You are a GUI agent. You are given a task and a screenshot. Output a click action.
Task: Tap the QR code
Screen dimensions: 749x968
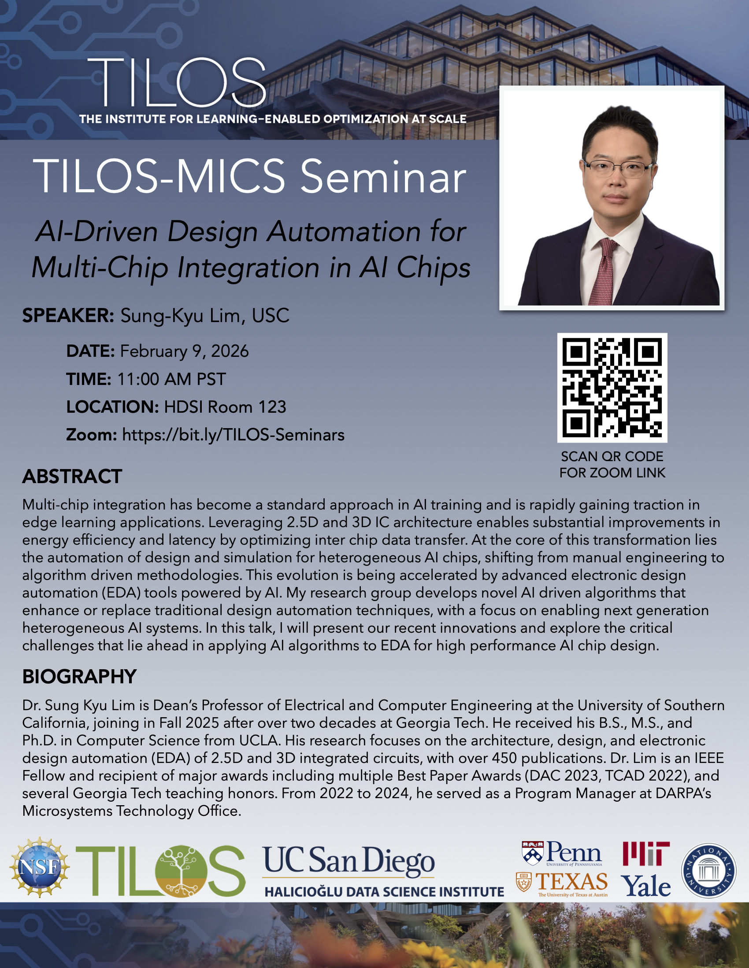[612, 387]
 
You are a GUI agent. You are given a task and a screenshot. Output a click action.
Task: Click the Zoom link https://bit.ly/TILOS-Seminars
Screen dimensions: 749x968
[233, 435]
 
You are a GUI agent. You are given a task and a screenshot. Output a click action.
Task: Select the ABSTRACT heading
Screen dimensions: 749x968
[72, 477]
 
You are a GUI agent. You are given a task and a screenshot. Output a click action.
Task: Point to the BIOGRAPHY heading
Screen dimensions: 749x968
[79, 677]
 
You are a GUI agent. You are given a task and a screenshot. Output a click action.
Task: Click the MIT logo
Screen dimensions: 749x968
[646, 853]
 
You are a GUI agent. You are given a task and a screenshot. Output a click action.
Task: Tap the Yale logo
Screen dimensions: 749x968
[645, 886]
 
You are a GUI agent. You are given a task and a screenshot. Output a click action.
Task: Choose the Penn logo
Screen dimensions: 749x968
[562, 853]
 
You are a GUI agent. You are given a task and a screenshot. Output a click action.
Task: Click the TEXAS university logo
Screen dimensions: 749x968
[562, 884]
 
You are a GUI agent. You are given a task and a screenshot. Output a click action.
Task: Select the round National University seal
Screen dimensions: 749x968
[708, 870]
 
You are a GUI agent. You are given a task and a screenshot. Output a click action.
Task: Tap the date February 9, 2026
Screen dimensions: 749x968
[184, 351]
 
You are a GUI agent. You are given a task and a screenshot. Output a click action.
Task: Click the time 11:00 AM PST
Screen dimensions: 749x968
[171, 379]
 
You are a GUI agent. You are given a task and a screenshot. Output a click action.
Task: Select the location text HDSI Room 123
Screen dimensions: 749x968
[225, 407]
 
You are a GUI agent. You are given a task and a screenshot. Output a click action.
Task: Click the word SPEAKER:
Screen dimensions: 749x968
[68, 315]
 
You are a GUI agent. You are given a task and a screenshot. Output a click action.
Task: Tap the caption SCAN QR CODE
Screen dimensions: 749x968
[612, 457]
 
